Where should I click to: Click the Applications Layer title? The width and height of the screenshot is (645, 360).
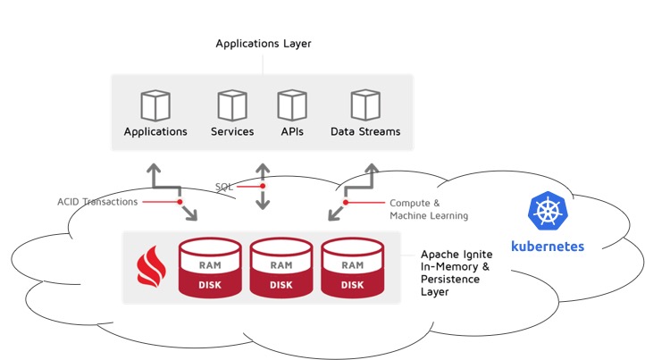263,43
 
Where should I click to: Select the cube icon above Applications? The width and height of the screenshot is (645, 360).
155,105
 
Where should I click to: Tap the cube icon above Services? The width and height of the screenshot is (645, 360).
232,105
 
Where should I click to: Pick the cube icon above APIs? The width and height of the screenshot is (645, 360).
291,105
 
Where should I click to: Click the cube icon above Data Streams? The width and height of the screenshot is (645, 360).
365,105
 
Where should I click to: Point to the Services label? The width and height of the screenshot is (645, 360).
232,131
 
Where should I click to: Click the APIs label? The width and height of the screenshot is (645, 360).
291,131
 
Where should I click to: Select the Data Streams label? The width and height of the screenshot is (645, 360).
365,131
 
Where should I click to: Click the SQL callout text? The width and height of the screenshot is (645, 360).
224,187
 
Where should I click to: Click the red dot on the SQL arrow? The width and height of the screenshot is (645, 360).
263,187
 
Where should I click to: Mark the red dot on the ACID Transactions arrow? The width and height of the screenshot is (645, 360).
180,202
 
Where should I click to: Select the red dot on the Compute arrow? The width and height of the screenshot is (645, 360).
347,202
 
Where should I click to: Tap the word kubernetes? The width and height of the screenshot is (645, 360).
548,245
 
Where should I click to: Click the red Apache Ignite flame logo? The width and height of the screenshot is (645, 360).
149,266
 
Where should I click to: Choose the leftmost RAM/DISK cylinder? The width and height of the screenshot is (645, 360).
210,267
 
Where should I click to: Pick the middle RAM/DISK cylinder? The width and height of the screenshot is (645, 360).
281,267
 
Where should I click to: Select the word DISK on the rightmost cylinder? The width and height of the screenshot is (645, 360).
352,285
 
